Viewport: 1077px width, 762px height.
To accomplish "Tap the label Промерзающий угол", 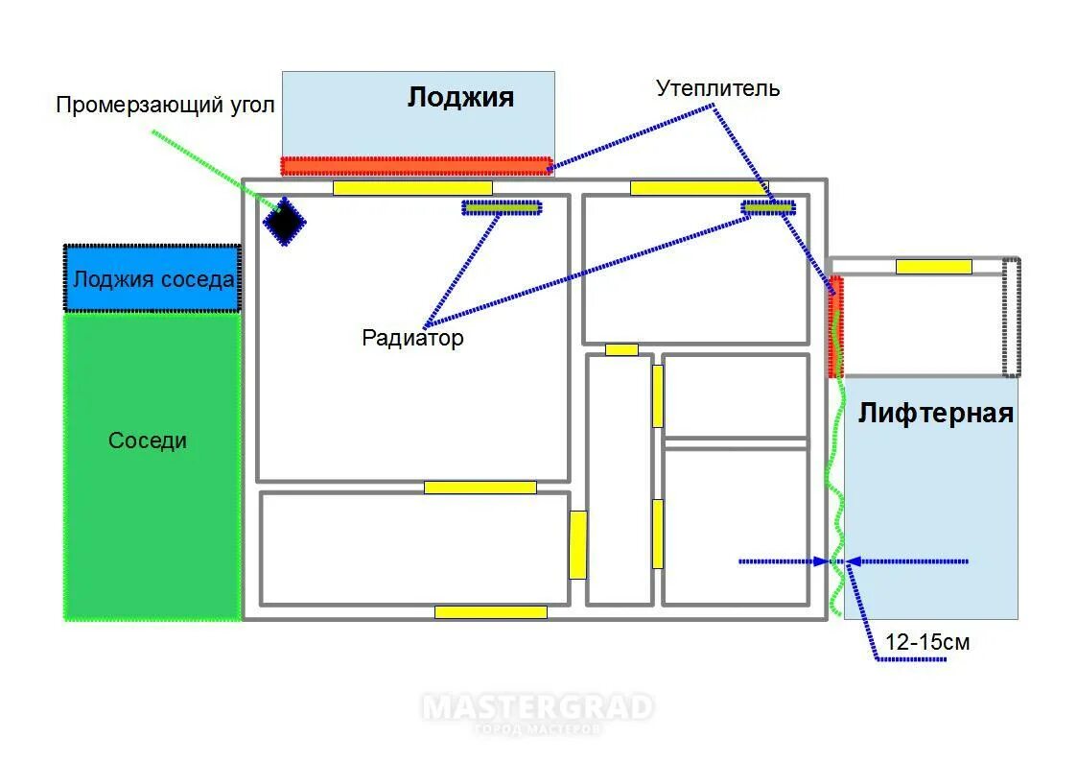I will (x=165, y=105).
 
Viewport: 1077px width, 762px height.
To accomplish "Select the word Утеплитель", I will (x=717, y=88).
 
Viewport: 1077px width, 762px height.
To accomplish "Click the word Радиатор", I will (x=412, y=338).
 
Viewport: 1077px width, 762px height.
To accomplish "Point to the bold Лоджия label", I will (x=460, y=97).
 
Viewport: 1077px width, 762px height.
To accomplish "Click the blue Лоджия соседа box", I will (x=152, y=279).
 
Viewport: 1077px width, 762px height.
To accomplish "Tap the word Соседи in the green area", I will (x=148, y=441).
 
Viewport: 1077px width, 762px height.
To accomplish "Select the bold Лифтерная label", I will (x=935, y=414).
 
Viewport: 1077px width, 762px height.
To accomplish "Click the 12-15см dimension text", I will (x=927, y=642).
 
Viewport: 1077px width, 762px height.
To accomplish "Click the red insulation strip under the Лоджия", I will (x=415, y=165).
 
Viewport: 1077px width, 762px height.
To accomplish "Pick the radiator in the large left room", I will (x=502, y=206).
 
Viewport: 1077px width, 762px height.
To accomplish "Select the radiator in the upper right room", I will (x=769, y=206).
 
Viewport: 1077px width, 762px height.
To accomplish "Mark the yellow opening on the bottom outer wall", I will (x=490, y=611).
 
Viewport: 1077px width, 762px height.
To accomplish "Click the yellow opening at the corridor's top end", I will (x=621, y=349).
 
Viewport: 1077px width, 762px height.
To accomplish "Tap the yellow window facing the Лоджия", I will (x=412, y=188).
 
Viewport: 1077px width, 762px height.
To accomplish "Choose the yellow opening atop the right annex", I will (x=933, y=267).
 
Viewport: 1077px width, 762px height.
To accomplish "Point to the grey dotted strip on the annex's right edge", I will (x=1011, y=318).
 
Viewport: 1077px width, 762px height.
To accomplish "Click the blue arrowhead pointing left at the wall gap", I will (x=853, y=561).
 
